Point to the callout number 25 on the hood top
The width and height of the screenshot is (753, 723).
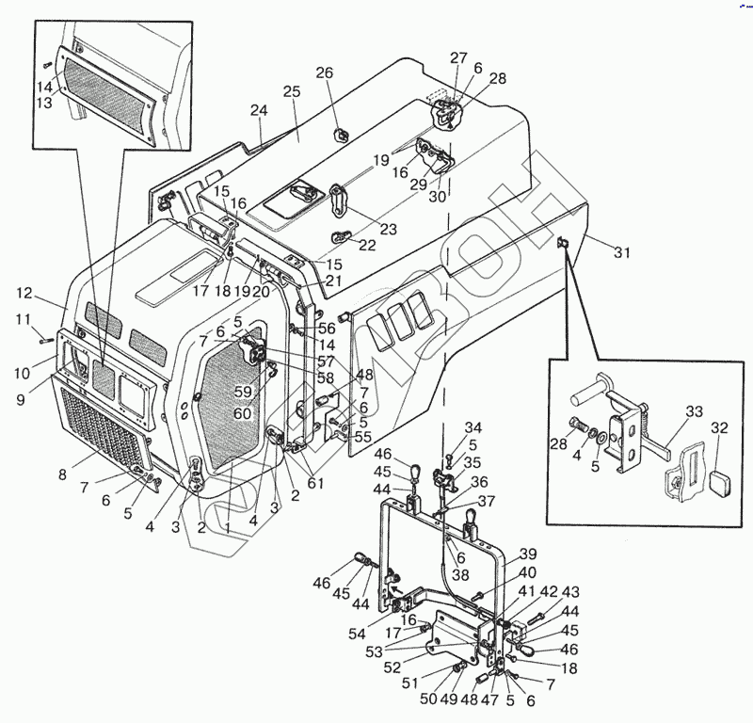[291, 91]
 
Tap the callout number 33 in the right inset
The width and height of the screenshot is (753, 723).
[694, 410]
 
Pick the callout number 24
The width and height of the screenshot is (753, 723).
[260, 110]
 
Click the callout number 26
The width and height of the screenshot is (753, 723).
[324, 73]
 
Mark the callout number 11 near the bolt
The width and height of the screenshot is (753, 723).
[24, 320]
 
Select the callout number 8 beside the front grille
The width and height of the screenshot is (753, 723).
[62, 475]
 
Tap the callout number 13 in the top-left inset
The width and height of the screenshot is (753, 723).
[43, 104]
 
